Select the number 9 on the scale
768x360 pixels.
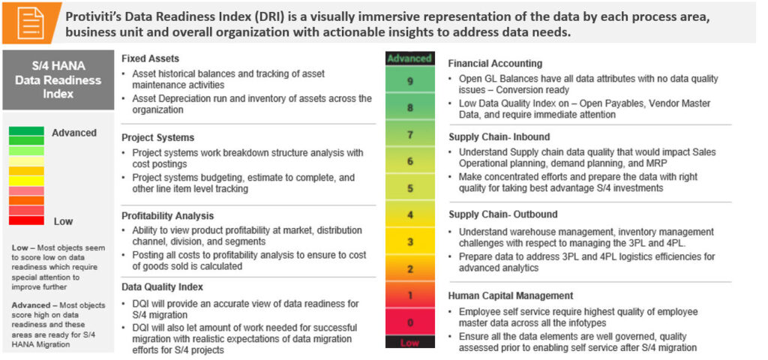(409, 81)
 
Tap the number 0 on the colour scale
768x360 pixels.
(410, 322)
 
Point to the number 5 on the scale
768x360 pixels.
(410, 188)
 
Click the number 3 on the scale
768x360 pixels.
(410, 242)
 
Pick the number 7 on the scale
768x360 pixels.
(410, 135)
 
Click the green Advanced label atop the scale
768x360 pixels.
(409, 58)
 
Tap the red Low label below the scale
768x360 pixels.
(409, 342)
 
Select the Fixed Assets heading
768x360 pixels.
(148, 58)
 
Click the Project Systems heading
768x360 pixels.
(157, 137)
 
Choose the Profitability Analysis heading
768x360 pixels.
(167, 215)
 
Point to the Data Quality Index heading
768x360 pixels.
(162, 287)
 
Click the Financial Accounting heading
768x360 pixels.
(495, 63)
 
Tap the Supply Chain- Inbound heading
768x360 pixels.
(499, 136)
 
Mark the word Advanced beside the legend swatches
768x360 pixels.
(74, 133)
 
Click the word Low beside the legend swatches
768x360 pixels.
(63, 221)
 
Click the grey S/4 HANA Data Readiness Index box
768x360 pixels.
(58, 79)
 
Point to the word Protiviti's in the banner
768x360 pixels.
(91, 16)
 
